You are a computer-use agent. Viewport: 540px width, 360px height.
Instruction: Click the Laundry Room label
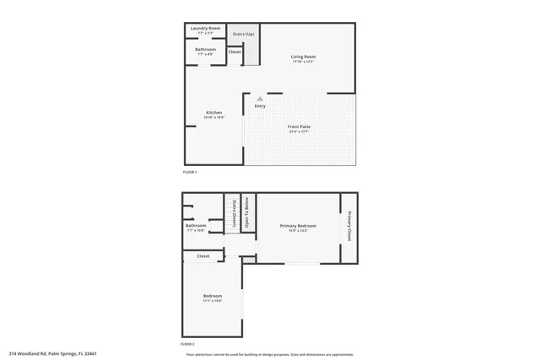coord(206,29)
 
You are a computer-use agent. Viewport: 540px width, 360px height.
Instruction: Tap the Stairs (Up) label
coord(244,34)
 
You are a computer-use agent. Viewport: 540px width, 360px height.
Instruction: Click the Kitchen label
coord(214,113)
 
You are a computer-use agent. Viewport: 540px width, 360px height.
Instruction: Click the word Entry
coord(259,106)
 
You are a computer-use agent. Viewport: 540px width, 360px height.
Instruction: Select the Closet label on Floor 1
coord(235,52)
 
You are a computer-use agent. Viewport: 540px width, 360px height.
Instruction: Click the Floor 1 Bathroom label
coord(206,50)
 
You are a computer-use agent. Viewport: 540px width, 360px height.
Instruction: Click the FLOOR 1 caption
coord(190,172)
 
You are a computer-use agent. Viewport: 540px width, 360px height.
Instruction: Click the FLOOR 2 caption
coord(187,345)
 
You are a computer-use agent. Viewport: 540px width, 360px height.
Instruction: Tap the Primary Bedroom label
coord(299,226)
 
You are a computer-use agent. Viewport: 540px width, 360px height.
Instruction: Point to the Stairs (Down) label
coord(233,213)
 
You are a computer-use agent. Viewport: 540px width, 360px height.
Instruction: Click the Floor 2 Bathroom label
coord(196,226)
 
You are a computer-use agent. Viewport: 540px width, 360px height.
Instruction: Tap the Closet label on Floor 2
coord(203,256)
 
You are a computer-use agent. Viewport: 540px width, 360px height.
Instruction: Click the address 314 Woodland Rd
coord(53,353)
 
